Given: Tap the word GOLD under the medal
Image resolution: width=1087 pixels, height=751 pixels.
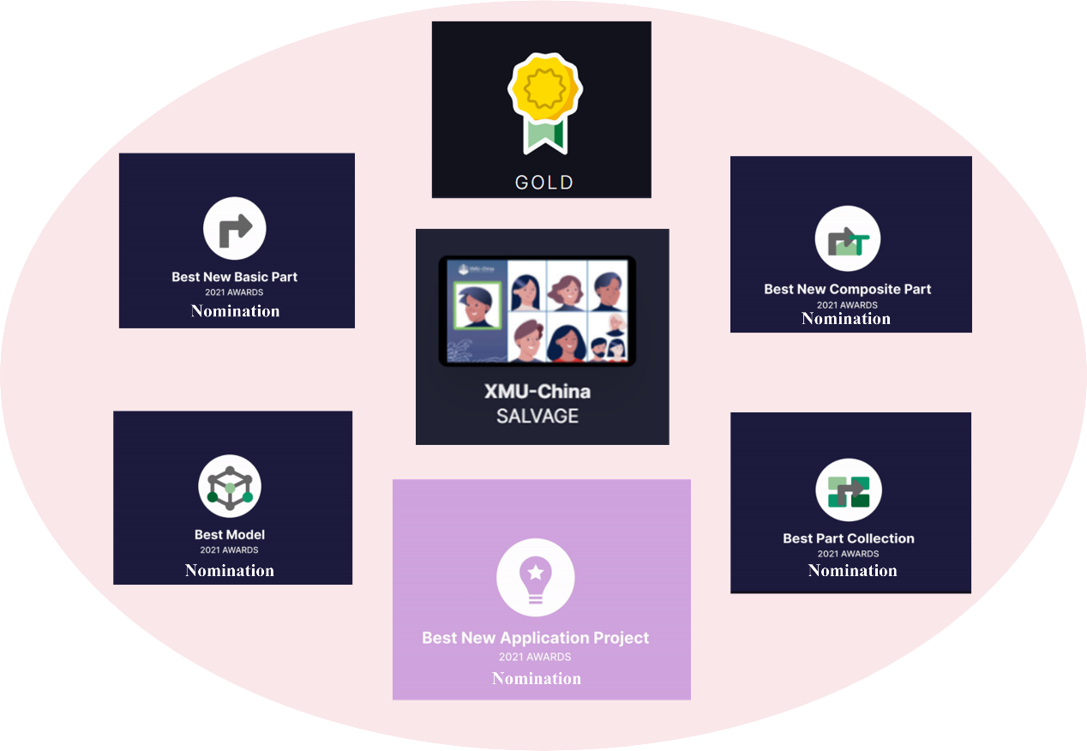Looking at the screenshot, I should click(543, 182).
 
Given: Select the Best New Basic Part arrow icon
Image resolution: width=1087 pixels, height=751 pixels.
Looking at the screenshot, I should click(235, 229).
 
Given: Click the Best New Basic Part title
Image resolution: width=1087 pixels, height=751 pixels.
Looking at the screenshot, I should click(235, 277).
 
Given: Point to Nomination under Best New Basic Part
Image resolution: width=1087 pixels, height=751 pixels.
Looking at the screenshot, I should click(235, 310).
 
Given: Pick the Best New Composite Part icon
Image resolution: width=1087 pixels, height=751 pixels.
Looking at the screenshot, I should click(847, 239).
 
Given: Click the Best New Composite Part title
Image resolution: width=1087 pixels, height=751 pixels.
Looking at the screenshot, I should click(847, 289).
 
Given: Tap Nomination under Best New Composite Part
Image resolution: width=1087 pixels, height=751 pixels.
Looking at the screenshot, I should click(846, 318).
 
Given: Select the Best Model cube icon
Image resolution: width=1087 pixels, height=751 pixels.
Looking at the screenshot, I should click(230, 486).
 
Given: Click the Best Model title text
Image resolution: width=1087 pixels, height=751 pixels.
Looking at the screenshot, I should click(230, 535).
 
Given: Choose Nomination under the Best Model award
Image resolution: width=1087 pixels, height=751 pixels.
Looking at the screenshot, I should click(230, 570).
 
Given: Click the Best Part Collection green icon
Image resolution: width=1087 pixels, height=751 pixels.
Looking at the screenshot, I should click(848, 490).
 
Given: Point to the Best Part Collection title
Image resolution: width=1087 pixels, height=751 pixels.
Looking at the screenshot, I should click(849, 538).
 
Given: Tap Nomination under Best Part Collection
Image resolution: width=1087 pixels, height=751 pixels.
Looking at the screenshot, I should click(852, 570).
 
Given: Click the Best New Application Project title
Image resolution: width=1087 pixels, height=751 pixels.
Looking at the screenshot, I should click(535, 638).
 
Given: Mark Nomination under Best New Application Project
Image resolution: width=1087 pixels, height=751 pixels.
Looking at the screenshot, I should click(537, 678).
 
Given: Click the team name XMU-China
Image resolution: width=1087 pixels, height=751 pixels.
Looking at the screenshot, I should click(537, 392).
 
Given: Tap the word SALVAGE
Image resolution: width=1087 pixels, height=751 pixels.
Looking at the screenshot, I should click(537, 417).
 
